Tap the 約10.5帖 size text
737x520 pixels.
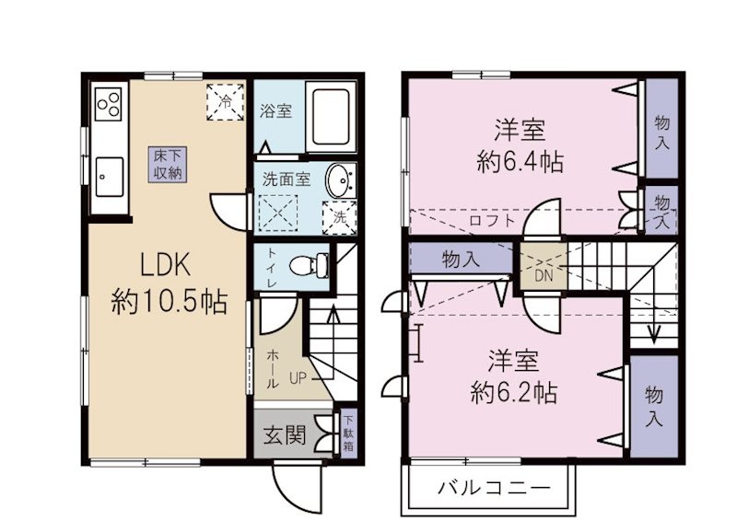pyautogui.click(x=170, y=300)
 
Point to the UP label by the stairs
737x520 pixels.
pyautogui.click(x=298, y=377)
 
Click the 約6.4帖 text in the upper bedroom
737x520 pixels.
pyautogui.click(x=521, y=163)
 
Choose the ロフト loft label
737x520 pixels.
pyautogui.click(x=486, y=221)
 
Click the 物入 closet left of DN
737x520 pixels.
pyautogui.click(x=461, y=260)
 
